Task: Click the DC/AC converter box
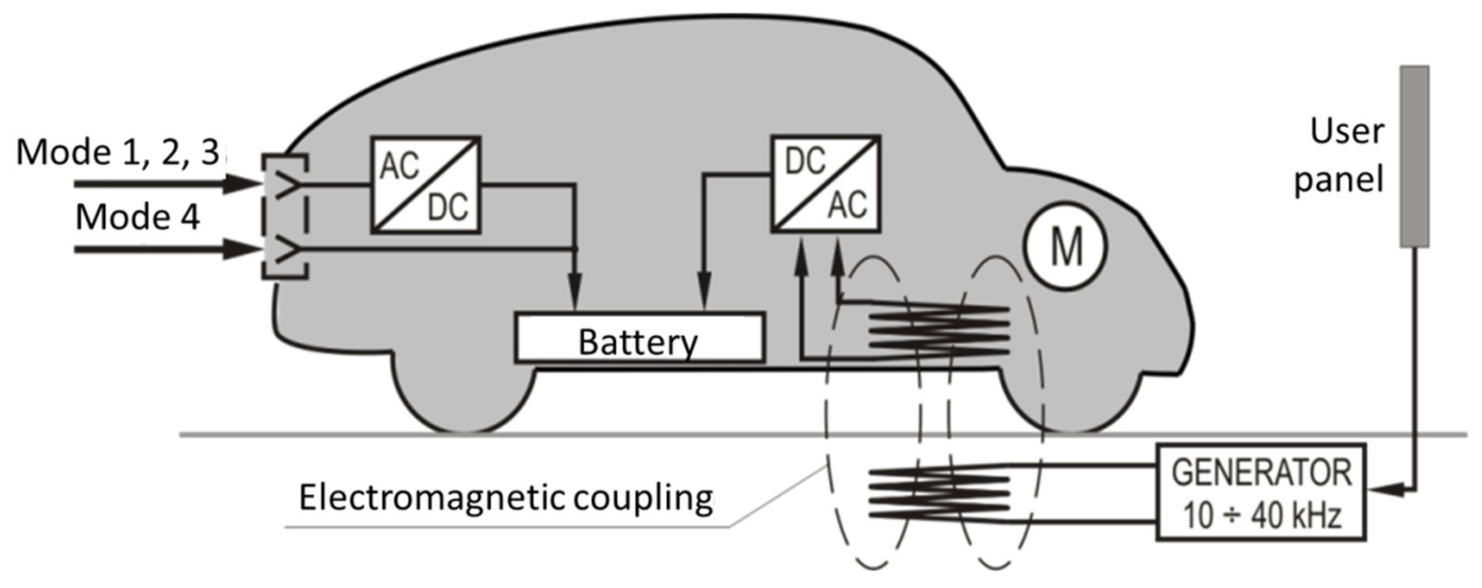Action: tap(825, 184)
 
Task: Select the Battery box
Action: tap(640, 338)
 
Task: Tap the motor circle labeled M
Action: tap(1065, 246)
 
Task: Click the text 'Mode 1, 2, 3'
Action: tap(118, 153)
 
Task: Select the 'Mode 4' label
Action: tap(138, 218)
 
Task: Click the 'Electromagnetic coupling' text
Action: tap(506, 498)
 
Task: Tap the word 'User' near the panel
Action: tap(1347, 132)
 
